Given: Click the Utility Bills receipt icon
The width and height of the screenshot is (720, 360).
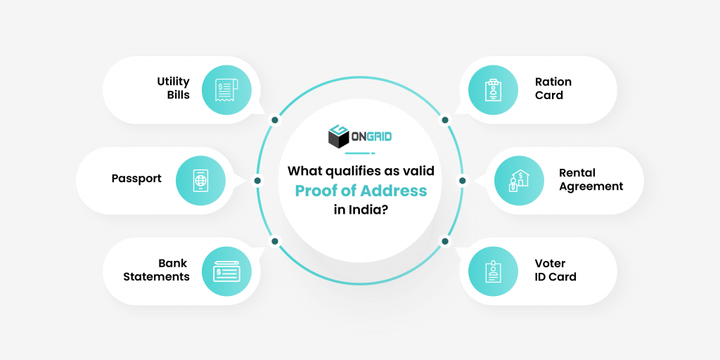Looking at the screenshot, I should (226, 90).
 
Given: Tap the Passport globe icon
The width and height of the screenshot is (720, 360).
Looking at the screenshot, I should (200, 180).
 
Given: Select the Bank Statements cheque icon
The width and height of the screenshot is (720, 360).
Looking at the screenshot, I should (226, 271).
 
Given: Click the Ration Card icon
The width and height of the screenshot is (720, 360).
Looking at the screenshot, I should (493, 90).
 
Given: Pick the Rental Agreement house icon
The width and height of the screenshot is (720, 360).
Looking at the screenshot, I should (519, 180).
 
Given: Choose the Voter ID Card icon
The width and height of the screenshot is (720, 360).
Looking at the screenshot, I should (493, 271).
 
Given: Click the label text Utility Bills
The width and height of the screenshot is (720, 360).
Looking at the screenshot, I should (173, 89).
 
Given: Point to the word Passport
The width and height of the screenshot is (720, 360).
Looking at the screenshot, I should (136, 179).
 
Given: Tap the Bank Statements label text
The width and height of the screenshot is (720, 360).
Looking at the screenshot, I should (157, 270).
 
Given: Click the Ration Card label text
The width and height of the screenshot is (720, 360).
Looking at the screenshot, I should (553, 89).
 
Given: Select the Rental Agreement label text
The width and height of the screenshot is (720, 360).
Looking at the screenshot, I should (591, 179).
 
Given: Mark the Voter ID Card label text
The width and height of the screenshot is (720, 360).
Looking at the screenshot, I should (555, 270).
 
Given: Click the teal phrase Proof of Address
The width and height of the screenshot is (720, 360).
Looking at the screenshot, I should (360, 191).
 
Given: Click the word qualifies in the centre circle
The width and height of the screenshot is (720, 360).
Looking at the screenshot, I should (349, 171).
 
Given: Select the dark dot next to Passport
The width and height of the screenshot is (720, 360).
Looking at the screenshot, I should (258, 181).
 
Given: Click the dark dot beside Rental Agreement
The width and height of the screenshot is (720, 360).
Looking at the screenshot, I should (462, 181).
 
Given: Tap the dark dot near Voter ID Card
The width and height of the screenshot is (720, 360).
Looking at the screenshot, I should (445, 241).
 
